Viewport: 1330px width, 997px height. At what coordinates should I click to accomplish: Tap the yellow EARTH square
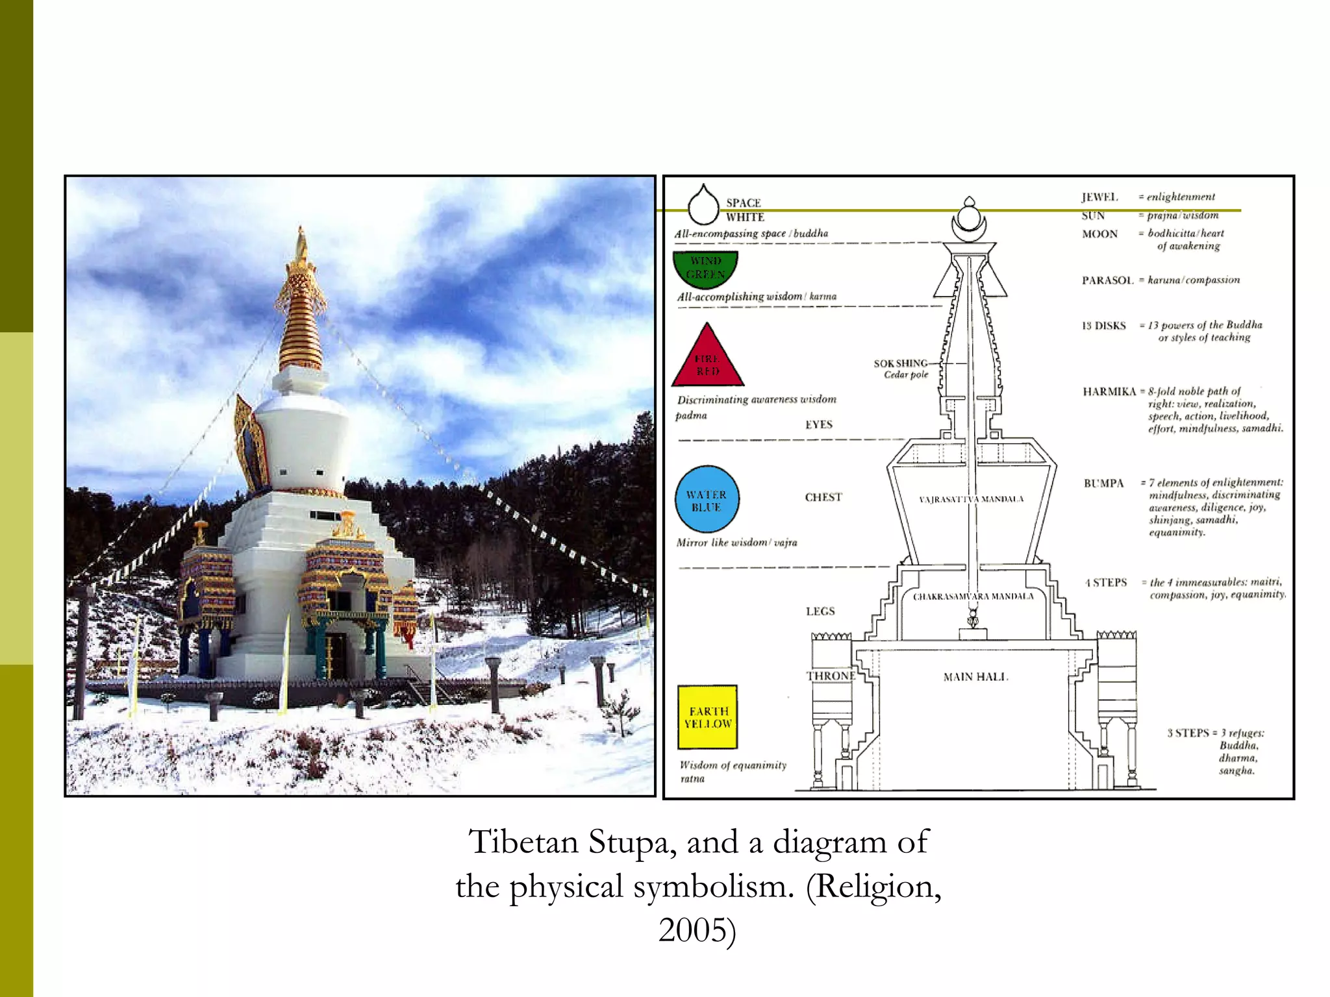point(707,717)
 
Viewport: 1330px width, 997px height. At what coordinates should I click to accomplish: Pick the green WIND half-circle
point(705,266)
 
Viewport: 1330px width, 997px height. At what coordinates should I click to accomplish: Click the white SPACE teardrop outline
point(703,206)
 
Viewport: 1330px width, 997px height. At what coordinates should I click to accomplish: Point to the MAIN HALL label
point(975,677)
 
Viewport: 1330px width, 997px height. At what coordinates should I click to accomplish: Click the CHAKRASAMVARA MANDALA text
point(973,597)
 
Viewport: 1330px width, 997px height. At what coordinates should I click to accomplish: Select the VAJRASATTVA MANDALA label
point(971,499)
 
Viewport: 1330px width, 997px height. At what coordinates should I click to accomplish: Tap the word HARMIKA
point(1109,391)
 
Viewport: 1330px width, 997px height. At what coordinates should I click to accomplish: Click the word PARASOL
point(1107,280)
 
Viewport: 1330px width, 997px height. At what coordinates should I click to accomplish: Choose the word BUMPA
point(1103,484)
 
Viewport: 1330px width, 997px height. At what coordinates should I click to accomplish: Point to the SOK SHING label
point(900,363)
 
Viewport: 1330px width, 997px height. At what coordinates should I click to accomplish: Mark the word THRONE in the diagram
point(831,676)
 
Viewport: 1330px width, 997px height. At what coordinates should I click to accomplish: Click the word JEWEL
point(1099,197)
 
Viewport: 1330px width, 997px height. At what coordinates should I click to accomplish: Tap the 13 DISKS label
point(1103,326)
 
